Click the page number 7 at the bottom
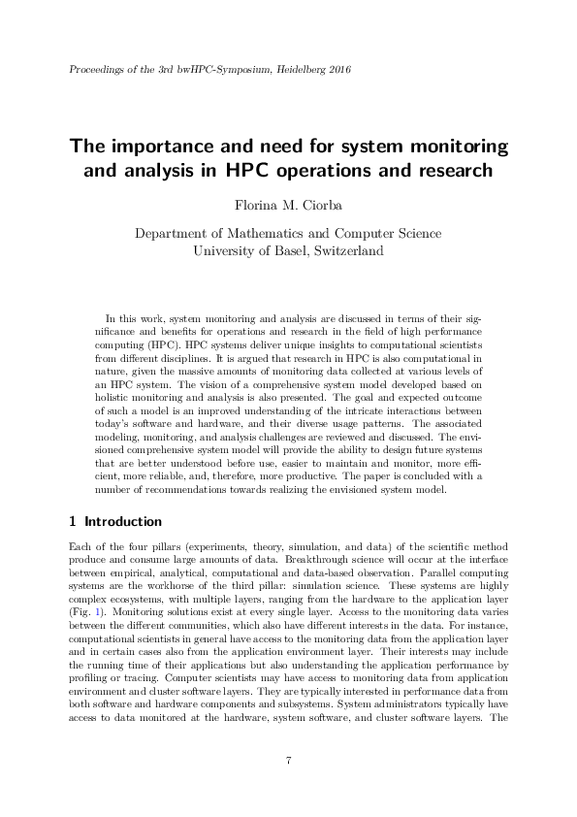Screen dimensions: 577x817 pyautogui.click(x=289, y=759)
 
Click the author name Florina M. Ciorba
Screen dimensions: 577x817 pyautogui.click(x=288, y=205)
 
